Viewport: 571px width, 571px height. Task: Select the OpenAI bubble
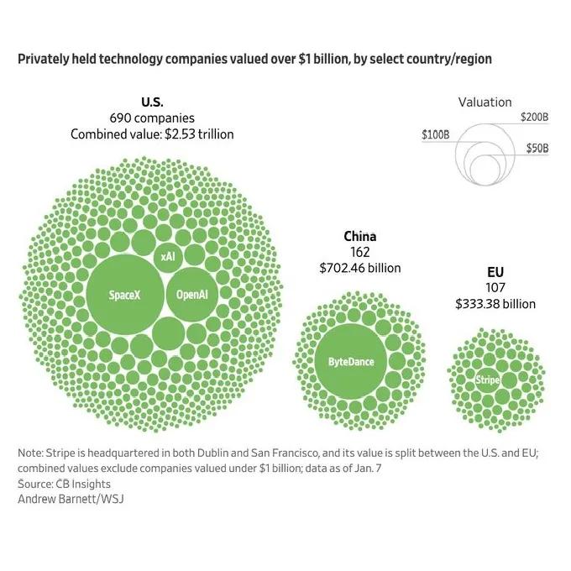[x=192, y=295]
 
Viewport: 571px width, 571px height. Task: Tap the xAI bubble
[x=168, y=256]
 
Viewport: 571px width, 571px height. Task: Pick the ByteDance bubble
[x=351, y=362]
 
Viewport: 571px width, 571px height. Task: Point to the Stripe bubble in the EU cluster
[x=487, y=380]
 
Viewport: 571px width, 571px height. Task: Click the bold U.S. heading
[x=152, y=102]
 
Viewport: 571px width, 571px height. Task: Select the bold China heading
[x=359, y=237]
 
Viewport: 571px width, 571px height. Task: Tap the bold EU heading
[x=495, y=273]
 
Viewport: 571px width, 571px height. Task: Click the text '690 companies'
[x=152, y=118]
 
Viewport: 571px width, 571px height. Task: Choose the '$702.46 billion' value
[x=359, y=269]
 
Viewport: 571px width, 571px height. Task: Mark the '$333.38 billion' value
[x=495, y=304]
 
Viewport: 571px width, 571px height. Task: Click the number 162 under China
[x=359, y=253]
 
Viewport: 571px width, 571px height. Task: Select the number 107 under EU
[x=495, y=289]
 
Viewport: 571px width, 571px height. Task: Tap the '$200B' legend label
[x=534, y=117]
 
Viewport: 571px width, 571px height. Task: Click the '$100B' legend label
[x=436, y=134]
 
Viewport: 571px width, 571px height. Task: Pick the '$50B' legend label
[x=537, y=149]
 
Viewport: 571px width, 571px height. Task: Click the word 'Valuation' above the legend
[x=485, y=102]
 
